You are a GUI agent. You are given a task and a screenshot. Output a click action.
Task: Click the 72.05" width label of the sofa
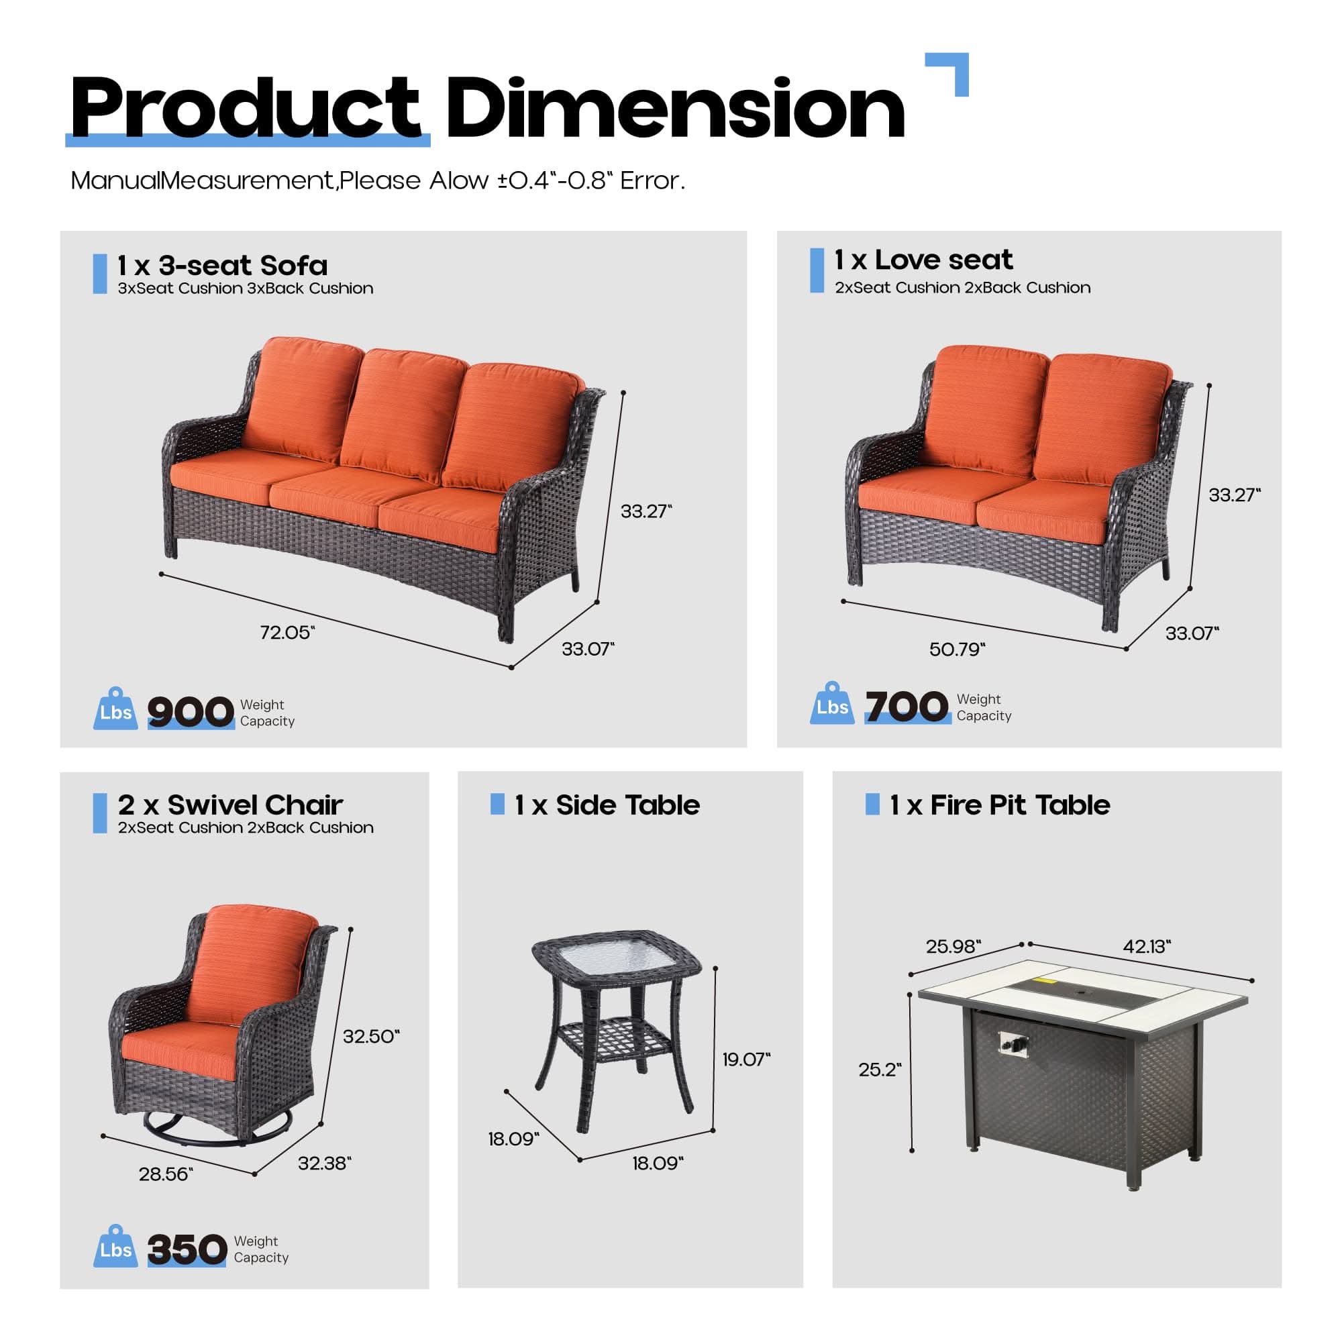[287, 632]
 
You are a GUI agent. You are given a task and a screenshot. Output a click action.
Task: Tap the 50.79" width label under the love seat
[956, 650]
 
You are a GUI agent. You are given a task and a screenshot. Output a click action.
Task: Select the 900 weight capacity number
[191, 712]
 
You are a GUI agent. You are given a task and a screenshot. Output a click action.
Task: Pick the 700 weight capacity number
[907, 707]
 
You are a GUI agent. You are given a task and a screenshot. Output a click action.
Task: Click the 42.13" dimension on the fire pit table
[1146, 946]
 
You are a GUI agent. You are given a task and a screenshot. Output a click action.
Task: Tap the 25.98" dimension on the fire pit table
[953, 946]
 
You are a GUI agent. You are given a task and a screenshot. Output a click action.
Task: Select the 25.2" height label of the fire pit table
[880, 1070]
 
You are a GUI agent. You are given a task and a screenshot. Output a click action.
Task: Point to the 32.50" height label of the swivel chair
[371, 1037]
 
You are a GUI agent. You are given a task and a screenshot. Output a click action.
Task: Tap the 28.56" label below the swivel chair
[165, 1174]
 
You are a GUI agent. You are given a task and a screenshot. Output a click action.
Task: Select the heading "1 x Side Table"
[607, 805]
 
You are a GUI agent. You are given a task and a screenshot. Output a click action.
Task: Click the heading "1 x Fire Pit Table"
[1000, 805]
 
